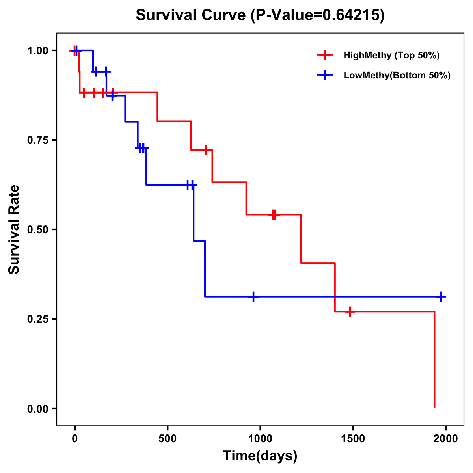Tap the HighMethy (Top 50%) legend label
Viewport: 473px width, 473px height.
click(391, 55)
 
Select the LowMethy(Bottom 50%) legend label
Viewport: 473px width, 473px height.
click(397, 75)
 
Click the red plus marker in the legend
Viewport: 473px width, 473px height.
click(325, 55)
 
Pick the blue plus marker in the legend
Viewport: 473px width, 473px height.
click(325, 75)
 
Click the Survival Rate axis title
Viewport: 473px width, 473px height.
click(14, 229)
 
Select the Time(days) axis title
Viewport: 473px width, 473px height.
click(260, 456)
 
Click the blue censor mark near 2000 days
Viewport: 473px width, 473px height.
click(441, 296)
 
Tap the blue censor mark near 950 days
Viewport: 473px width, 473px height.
click(253, 296)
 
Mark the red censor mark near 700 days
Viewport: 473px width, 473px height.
click(205, 150)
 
